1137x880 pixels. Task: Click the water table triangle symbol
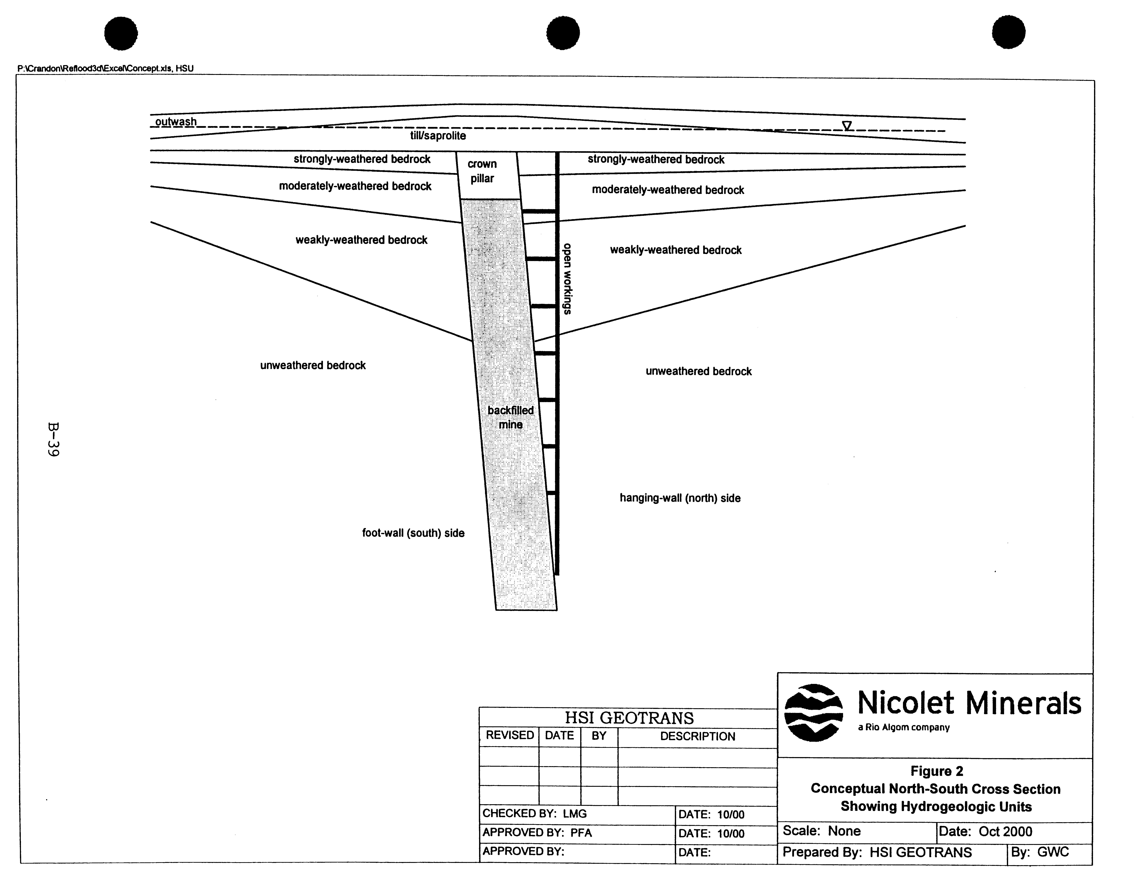(x=847, y=125)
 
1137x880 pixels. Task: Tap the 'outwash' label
(x=176, y=122)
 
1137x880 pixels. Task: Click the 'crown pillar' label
(x=482, y=171)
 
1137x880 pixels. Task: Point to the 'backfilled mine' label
(x=511, y=417)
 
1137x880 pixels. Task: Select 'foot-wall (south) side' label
(x=413, y=533)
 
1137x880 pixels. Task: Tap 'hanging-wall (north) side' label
(x=680, y=498)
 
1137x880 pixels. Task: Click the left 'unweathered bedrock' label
(x=313, y=365)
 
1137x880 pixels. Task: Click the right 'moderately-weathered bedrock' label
(x=668, y=190)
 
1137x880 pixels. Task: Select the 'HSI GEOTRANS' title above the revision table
(x=629, y=718)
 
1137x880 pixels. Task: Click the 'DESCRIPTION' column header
(x=698, y=736)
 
